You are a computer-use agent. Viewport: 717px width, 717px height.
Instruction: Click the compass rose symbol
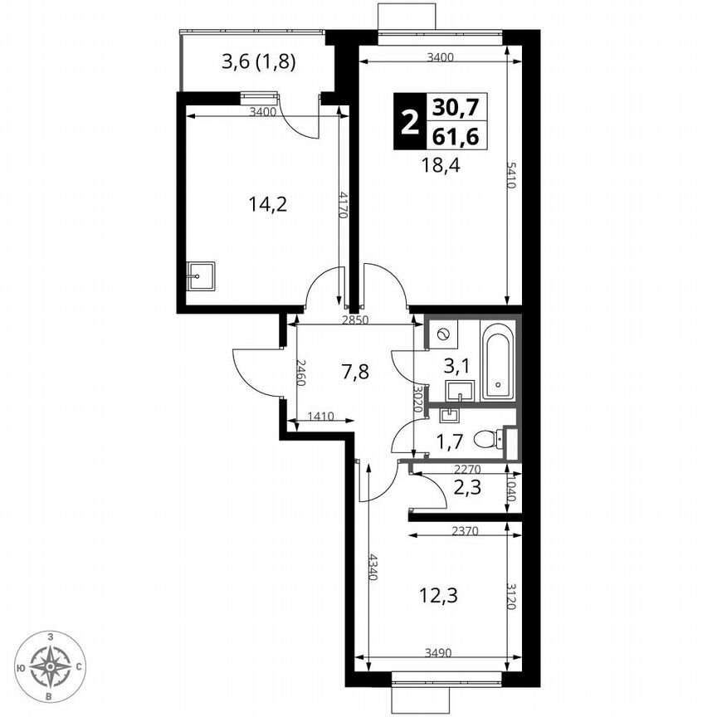pyautogui.click(x=51, y=665)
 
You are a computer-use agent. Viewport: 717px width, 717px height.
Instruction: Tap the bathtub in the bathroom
pyautogui.click(x=498, y=363)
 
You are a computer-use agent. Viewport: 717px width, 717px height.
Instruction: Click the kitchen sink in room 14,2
pyautogui.click(x=200, y=276)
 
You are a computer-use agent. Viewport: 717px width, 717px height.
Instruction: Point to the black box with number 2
pyautogui.click(x=408, y=122)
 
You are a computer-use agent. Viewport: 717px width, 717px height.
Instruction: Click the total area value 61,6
pyautogui.click(x=456, y=136)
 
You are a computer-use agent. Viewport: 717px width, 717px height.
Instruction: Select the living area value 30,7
pyautogui.click(x=456, y=107)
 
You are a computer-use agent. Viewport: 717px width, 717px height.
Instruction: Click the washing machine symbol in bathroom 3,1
pyautogui.click(x=442, y=334)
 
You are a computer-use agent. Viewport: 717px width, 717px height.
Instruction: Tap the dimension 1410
pyautogui.click(x=320, y=417)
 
